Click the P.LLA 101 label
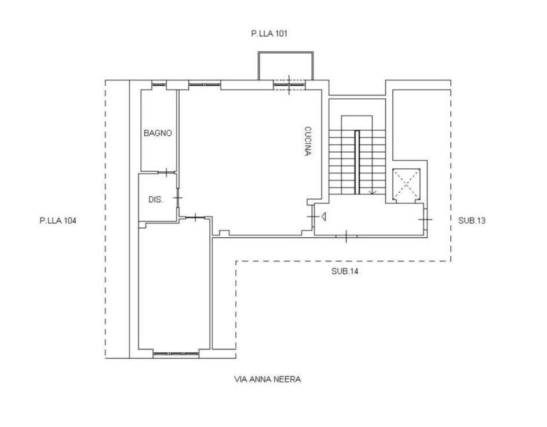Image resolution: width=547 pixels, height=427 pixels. click(x=269, y=34)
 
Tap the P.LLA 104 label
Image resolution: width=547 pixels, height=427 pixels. click(x=58, y=221)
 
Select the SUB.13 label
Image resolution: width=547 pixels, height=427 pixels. click(x=472, y=221)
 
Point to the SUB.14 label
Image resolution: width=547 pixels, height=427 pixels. click(x=345, y=271)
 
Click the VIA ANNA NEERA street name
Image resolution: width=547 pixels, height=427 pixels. click(x=268, y=380)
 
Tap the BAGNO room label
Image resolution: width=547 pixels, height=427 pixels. click(x=158, y=133)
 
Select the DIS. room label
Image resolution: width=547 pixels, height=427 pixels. click(x=156, y=200)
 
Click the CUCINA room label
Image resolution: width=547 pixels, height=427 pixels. click(x=308, y=141)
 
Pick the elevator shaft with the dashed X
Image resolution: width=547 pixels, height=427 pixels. click(x=406, y=185)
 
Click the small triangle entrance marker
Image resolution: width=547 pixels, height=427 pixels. click(x=324, y=217)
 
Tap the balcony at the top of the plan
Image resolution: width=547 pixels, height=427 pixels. click(x=285, y=66)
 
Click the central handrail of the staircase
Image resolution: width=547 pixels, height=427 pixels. click(x=357, y=162)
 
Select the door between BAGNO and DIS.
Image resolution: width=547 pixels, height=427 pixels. click(x=166, y=172)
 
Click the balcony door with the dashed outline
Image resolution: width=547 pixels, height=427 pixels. click(x=289, y=85)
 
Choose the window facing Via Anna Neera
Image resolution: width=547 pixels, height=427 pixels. click(x=176, y=354)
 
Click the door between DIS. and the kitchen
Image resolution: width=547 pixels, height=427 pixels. click(x=178, y=198)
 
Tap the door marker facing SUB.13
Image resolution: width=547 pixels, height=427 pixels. click(x=425, y=219)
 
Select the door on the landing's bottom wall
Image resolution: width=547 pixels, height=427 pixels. click(x=346, y=237)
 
